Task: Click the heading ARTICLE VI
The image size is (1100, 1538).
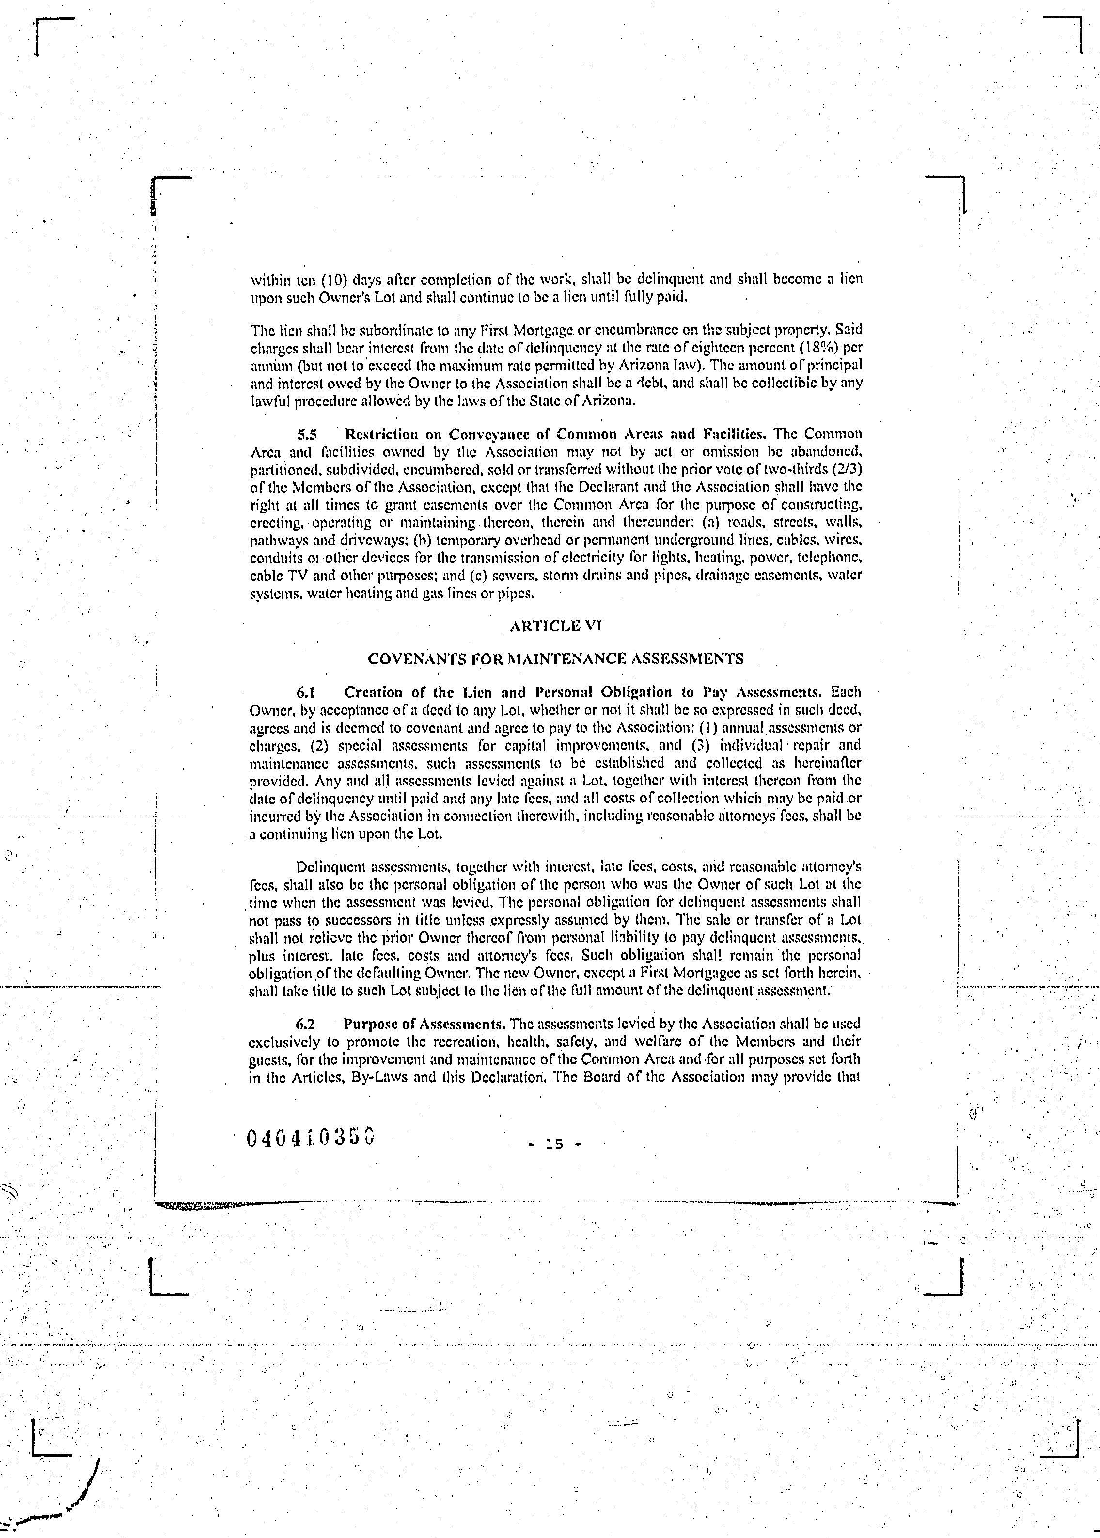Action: coord(555,625)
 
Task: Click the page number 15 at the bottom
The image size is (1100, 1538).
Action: coord(554,1144)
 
